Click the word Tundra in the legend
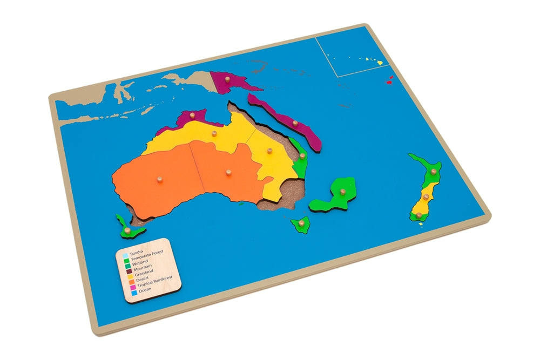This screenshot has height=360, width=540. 137,252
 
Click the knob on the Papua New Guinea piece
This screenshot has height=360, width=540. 227,80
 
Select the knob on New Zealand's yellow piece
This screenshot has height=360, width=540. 426,197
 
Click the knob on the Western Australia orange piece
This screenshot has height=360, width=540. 159,179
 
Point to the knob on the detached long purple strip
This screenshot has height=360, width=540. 295,124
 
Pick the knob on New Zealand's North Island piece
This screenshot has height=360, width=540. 433,172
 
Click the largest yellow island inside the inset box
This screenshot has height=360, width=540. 380,63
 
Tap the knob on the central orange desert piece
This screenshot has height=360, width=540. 228,173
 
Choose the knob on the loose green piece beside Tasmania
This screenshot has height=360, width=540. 127,230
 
